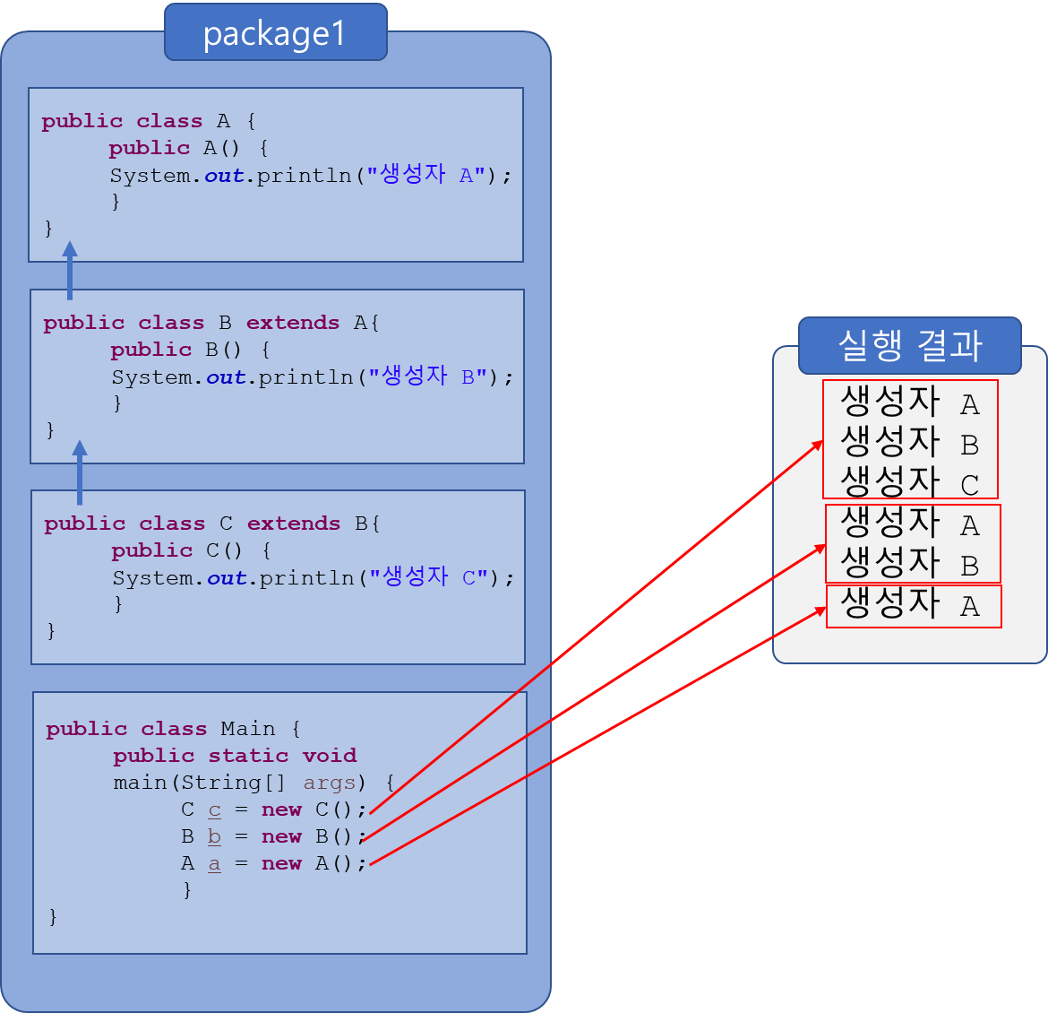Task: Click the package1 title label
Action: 274,33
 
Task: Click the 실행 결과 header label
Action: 909,345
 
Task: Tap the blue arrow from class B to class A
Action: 70,270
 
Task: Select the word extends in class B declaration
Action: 293,323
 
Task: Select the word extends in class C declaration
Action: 294,524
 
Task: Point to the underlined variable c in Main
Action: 215,810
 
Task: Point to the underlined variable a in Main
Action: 215,864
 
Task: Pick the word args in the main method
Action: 330,784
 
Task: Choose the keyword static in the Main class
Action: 248,756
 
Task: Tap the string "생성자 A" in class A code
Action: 426,176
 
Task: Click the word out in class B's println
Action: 226,377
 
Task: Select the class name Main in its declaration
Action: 248,729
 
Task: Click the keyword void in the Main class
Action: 330,756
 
